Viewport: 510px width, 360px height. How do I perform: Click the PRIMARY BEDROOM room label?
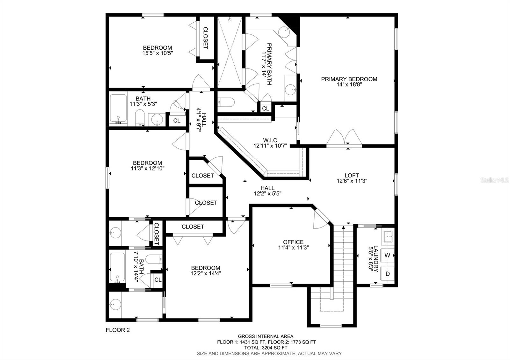[349, 79]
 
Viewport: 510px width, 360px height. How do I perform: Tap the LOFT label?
[352, 176]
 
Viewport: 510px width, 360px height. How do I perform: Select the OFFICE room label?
[293, 242]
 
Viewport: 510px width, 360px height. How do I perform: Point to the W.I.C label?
[270, 140]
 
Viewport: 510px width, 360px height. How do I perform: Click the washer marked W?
[387, 255]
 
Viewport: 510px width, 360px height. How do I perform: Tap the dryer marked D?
[388, 274]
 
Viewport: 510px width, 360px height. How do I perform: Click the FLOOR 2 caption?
[118, 330]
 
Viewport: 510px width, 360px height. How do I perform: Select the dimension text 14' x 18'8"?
[349, 85]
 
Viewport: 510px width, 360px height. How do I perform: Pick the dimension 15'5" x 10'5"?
[157, 53]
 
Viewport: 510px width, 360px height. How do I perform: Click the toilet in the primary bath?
[226, 102]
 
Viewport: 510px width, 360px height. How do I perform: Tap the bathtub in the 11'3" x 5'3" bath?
[118, 108]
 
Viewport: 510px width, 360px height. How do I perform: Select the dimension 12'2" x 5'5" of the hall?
[267, 194]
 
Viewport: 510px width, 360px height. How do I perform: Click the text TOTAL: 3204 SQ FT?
[266, 348]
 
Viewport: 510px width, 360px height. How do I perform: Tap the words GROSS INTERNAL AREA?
[266, 336]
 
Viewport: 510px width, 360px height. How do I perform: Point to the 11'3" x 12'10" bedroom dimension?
[148, 169]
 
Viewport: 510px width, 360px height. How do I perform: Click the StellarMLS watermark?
[494, 180]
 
